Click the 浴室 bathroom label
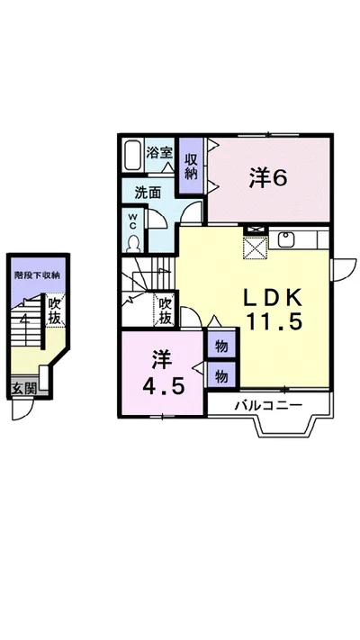pos(159,152)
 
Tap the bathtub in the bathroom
pos(132,155)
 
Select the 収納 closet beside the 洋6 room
pos(191,166)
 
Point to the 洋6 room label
pos(268,178)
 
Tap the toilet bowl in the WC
pos(133,244)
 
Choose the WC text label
pos(133,221)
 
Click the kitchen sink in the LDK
pos(286,239)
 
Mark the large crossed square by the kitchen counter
pos(256,248)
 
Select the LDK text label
pos(273,298)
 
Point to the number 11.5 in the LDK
pos(273,321)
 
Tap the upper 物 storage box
pos(221,347)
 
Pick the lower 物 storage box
pos(221,376)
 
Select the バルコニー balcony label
pos(268,405)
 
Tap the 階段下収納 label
pos(37,275)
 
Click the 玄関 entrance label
pos(23,388)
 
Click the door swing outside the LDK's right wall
pos(344,270)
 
